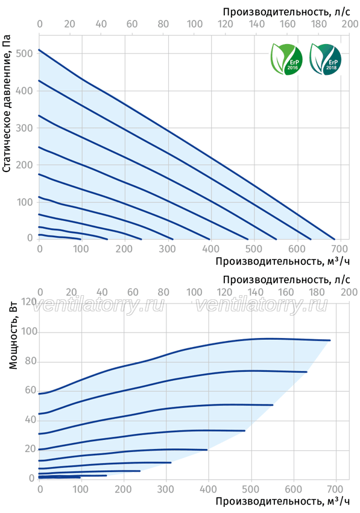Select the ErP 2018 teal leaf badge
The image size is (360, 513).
[326, 60]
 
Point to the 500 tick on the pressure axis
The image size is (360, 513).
[25, 54]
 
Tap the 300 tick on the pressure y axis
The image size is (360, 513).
[25, 128]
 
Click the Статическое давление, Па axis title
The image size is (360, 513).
[7, 103]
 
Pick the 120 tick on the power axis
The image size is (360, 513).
[28, 301]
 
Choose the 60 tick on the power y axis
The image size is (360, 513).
[30, 390]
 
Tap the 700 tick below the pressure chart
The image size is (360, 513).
[339, 249]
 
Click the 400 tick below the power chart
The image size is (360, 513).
[208, 489]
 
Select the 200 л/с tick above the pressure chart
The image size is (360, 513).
[350, 24]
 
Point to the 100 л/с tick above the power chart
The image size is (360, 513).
[194, 292]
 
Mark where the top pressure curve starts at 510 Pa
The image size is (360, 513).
[39, 49]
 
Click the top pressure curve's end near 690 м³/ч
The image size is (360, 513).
[335, 239]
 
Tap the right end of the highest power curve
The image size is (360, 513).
[330, 340]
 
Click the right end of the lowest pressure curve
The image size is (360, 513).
[80, 239]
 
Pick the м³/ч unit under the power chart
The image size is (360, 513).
[338, 501]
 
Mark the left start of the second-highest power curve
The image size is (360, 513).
[39, 414]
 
